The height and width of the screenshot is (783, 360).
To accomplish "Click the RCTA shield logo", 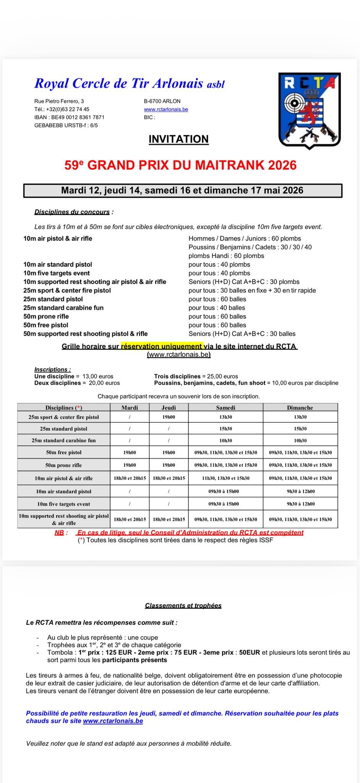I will click(x=310, y=110).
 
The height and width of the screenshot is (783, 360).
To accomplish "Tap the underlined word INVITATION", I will click(x=178, y=139).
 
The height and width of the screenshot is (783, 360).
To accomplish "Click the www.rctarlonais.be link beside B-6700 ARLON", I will click(x=166, y=109).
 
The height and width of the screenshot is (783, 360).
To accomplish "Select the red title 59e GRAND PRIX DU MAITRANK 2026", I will click(x=180, y=165).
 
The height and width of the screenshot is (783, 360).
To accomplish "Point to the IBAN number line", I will click(x=69, y=117).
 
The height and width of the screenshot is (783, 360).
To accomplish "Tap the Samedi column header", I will click(x=225, y=408).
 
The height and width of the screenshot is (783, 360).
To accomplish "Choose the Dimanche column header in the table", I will click(x=300, y=408).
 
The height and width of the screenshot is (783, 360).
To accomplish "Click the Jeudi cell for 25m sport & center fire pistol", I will click(x=169, y=417).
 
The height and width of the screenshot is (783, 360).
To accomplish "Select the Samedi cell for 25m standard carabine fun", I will click(x=225, y=440).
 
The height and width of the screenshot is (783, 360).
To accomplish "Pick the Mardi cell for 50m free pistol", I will click(x=130, y=452).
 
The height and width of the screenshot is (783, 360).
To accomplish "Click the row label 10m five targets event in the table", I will click(x=64, y=504).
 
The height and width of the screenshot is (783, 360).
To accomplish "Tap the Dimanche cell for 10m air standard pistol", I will click(x=300, y=491).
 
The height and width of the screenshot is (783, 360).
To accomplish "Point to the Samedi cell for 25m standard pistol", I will click(x=225, y=429).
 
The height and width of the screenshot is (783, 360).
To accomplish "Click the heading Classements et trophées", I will click(x=183, y=606).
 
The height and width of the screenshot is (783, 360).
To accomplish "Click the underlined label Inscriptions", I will click(x=52, y=369).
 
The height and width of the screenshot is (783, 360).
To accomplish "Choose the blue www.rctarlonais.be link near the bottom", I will click(x=113, y=721).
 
